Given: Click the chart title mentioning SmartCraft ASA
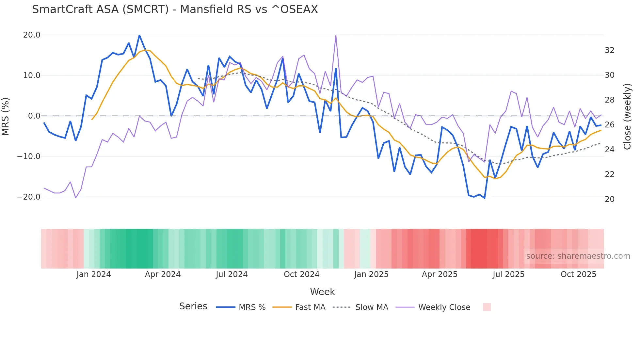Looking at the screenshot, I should [x=175, y=9].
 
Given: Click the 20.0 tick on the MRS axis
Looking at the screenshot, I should [x=32, y=35].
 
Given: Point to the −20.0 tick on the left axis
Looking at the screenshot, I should [x=29, y=197].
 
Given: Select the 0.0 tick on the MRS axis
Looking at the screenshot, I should [x=34, y=116].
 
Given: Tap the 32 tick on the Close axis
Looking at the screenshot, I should [x=610, y=50].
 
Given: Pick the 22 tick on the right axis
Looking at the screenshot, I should [x=610, y=174].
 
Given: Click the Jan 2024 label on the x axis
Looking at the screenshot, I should [x=94, y=274].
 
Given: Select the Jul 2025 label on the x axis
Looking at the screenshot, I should [x=508, y=274].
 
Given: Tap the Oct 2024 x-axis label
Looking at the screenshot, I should [x=301, y=274].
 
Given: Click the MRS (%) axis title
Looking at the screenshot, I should [x=6, y=116].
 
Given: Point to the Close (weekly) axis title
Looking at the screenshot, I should [x=627, y=117].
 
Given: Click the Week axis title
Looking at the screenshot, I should [x=322, y=292].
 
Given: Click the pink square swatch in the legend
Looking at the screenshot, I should [x=487, y=307].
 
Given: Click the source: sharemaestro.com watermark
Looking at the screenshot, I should [x=578, y=256].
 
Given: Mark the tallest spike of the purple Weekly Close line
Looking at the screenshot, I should [x=336, y=35].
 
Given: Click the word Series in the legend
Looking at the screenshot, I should [x=193, y=306].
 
